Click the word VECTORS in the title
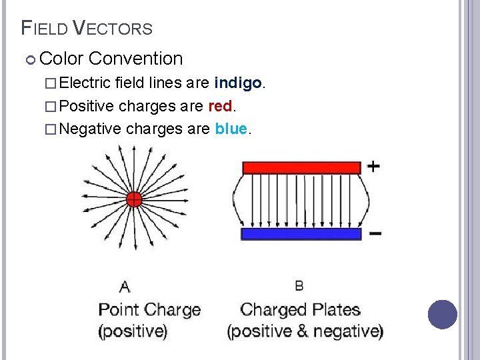click(112, 28)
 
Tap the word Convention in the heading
click(135, 59)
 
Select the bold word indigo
click(238, 83)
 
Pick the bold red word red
click(220, 106)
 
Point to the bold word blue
click(231, 129)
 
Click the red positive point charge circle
click(134, 199)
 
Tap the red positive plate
click(301, 167)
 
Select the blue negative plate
click(301, 234)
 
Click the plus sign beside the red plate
click(374, 166)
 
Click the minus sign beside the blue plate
click(375, 233)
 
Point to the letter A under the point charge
click(124, 287)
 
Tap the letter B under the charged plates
click(299, 286)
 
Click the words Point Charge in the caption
click(149, 310)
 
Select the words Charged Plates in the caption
click(300, 310)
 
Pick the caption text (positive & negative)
click(305, 331)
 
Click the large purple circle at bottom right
click(443, 315)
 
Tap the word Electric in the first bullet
click(85, 83)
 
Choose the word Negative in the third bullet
click(90, 129)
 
